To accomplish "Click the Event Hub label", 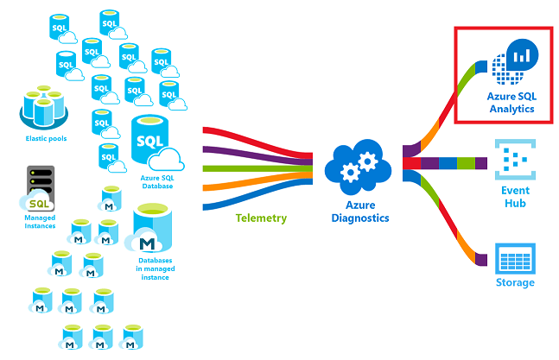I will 514,198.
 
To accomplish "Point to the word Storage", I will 514,282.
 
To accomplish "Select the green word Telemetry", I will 260,218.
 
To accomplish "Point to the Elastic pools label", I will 44,138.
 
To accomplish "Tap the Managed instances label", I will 40,221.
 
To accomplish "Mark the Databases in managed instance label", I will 156,267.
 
